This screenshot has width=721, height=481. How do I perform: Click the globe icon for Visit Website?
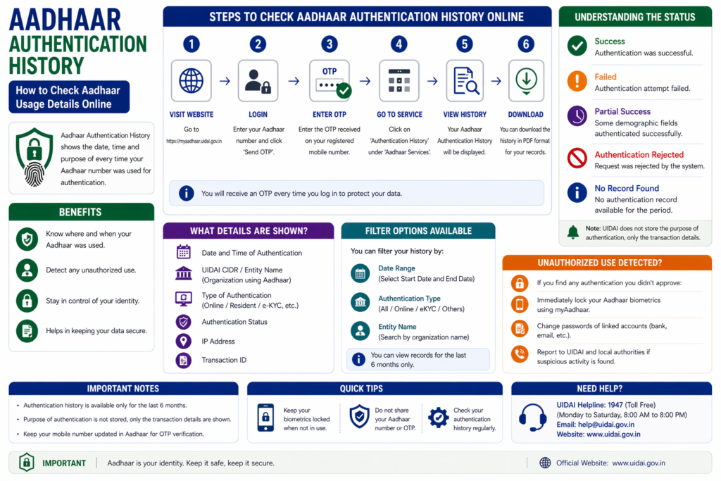[x=192, y=80]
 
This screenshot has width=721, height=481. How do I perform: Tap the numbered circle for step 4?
[x=399, y=44]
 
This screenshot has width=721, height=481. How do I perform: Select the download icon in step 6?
[x=526, y=81]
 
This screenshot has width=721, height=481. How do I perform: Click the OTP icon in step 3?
[x=330, y=81]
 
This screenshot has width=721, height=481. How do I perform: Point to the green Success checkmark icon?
[x=577, y=46]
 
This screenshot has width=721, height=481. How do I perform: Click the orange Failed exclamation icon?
[x=577, y=82]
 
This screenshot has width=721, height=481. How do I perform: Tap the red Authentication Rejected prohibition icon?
[x=577, y=158]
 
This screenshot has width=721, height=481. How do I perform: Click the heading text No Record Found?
[x=626, y=188]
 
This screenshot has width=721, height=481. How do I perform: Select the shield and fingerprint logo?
[x=35, y=157]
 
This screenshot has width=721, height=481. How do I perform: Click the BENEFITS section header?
[x=81, y=212]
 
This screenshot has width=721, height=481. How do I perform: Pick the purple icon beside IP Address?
[x=184, y=341]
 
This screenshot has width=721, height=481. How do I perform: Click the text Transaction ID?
[x=224, y=360]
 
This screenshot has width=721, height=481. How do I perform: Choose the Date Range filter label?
[x=396, y=268]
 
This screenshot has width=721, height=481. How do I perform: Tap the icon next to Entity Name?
[x=360, y=330]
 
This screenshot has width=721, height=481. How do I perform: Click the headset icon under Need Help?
[x=532, y=417]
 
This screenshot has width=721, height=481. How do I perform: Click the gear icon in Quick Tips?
[x=438, y=418]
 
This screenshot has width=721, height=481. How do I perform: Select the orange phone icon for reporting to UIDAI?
[x=520, y=354]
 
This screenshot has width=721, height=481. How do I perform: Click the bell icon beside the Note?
[x=573, y=232]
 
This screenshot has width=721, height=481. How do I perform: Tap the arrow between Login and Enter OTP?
[x=294, y=82]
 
